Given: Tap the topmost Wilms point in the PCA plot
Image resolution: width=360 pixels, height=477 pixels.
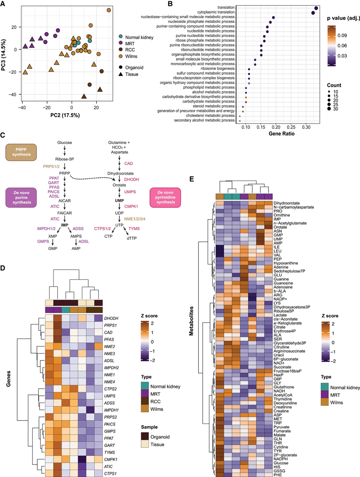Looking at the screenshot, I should (x=109, y=10).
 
